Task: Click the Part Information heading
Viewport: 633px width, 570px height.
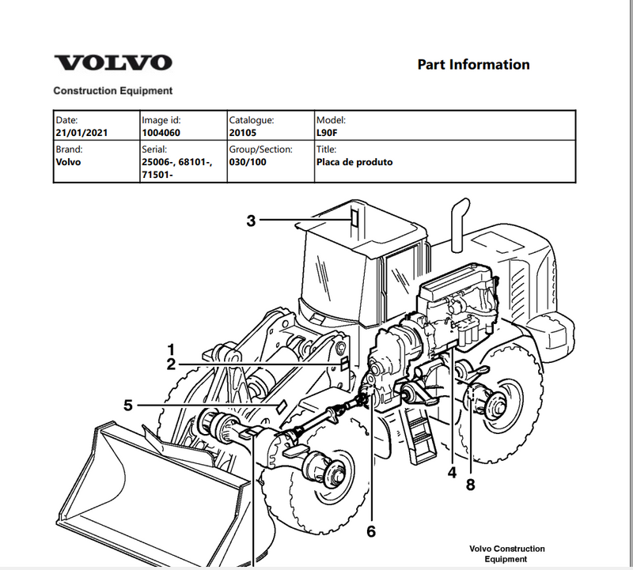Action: tap(473, 65)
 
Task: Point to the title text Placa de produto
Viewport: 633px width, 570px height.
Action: tap(354, 162)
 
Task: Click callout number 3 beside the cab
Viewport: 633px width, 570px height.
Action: tap(252, 221)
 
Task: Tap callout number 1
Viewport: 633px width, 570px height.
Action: tap(170, 349)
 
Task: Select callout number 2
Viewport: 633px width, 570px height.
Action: tap(170, 364)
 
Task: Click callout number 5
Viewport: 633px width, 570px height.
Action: tap(128, 406)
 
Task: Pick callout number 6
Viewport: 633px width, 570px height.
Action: tap(370, 531)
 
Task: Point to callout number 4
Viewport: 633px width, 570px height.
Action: tap(452, 473)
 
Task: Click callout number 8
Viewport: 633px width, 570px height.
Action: tap(470, 485)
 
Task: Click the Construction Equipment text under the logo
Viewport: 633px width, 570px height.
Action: tap(112, 91)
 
